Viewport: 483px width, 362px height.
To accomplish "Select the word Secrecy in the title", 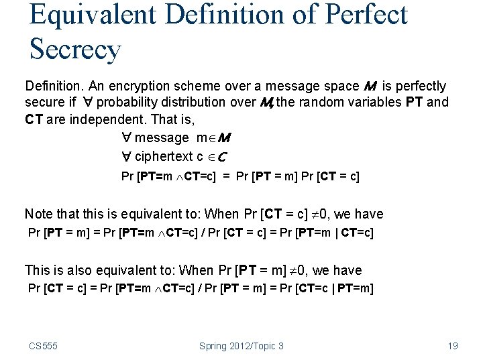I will (75, 49).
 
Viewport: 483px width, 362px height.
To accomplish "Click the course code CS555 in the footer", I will (43, 346).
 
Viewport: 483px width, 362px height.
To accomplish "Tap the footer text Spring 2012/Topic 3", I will (241, 346).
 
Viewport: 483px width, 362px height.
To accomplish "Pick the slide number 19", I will (452, 346).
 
